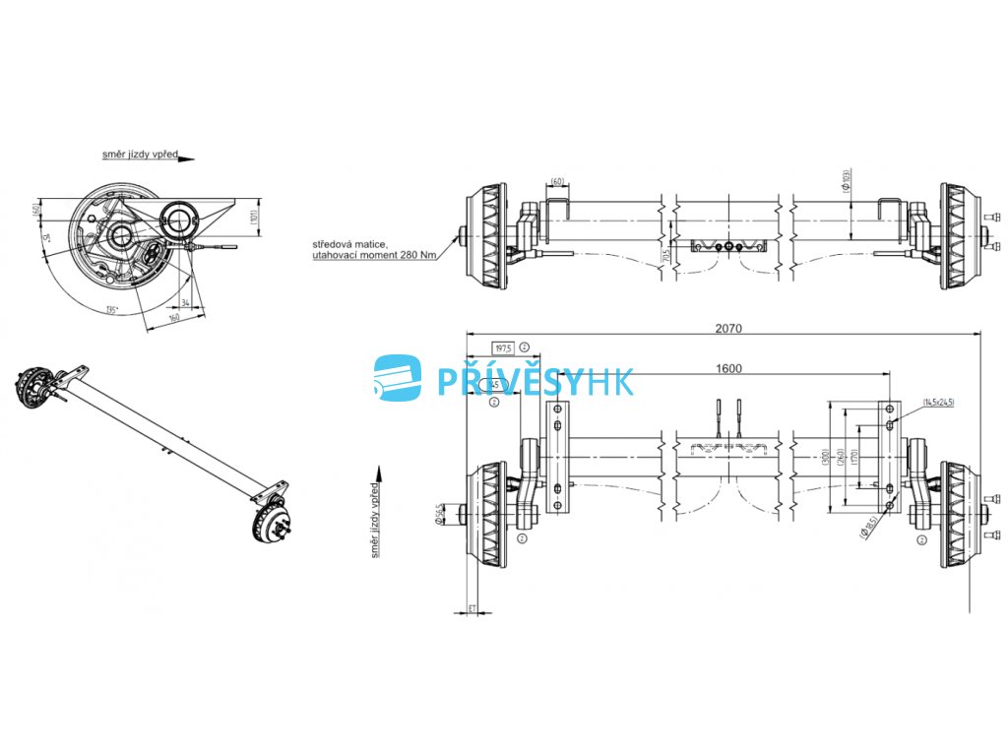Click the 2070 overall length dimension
tap(728, 328)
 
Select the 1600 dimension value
tap(728, 368)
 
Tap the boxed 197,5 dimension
tap(503, 347)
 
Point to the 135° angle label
tap(112, 310)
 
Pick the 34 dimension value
tap(184, 301)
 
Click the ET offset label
tap(472, 609)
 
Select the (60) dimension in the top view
tap(558, 182)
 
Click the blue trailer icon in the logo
tap(398, 379)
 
